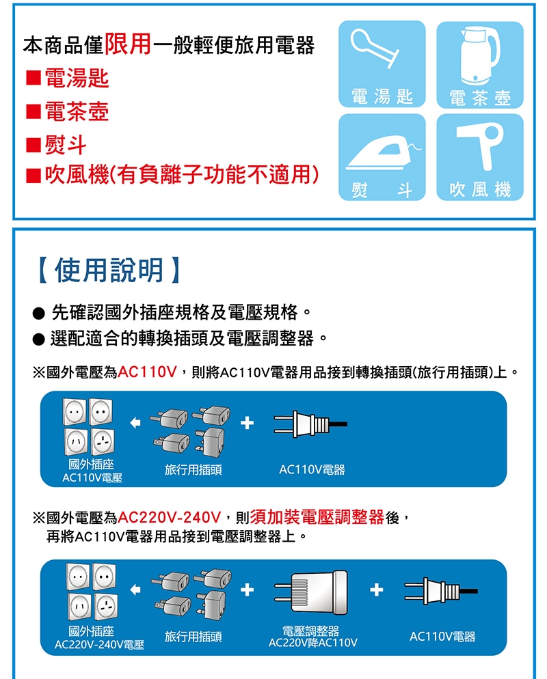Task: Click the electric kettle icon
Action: tap(480, 55)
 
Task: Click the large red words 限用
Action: tap(128, 44)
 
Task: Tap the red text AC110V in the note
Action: tap(148, 372)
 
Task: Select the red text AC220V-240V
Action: tap(170, 517)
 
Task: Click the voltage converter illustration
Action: tap(311, 592)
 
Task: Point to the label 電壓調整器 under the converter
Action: tap(311, 630)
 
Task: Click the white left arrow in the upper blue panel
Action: tap(135, 423)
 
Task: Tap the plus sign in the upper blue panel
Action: tap(247, 423)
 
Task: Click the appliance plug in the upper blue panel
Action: tap(310, 424)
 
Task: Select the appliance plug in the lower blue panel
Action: tap(441, 591)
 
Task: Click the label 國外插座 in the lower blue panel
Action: tap(91, 630)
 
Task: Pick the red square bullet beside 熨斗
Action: tap(34, 145)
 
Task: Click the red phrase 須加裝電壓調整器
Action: tap(317, 517)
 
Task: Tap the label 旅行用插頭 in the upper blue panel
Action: tap(194, 469)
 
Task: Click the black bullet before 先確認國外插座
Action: tap(38, 313)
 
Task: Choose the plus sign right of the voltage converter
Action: tap(376, 590)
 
